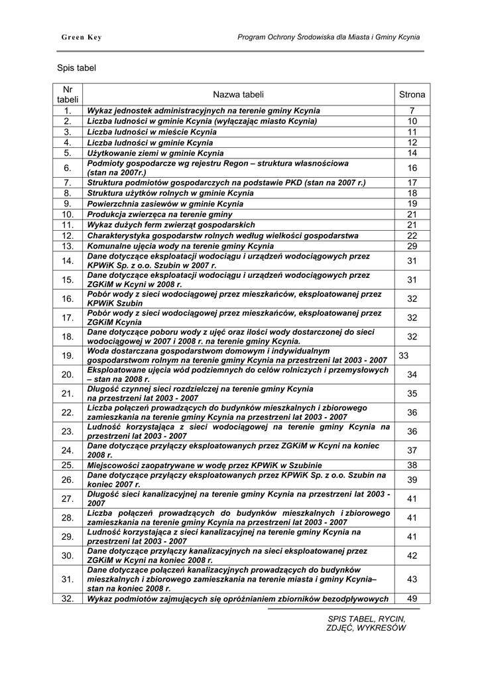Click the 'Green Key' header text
pyautogui.click(x=82, y=38)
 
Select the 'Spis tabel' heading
pyautogui.click(x=77, y=68)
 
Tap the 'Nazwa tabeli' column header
pyautogui.click(x=238, y=95)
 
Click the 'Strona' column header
pyautogui.click(x=412, y=95)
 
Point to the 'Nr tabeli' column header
pyautogui.click(x=68, y=94)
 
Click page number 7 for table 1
pyautogui.click(x=412, y=111)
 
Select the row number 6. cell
pyautogui.click(x=68, y=168)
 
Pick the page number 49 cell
pyautogui.click(x=412, y=599)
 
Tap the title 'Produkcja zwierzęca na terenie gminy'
pyautogui.click(x=160, y=215)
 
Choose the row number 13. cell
pyautogui.click(x=68, y=246)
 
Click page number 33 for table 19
pyautogui.click(x=404, y=356)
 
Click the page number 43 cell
pyautogui.click(x=412, y=579)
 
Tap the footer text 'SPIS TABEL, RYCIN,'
pyautogui.click(x=366, y=619)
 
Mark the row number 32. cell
pyautogui.click(x=68, y=599)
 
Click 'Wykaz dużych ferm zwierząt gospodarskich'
pyautogui.click(x=171, y=225)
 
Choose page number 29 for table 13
pyautogui.click(x=412, y=246)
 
